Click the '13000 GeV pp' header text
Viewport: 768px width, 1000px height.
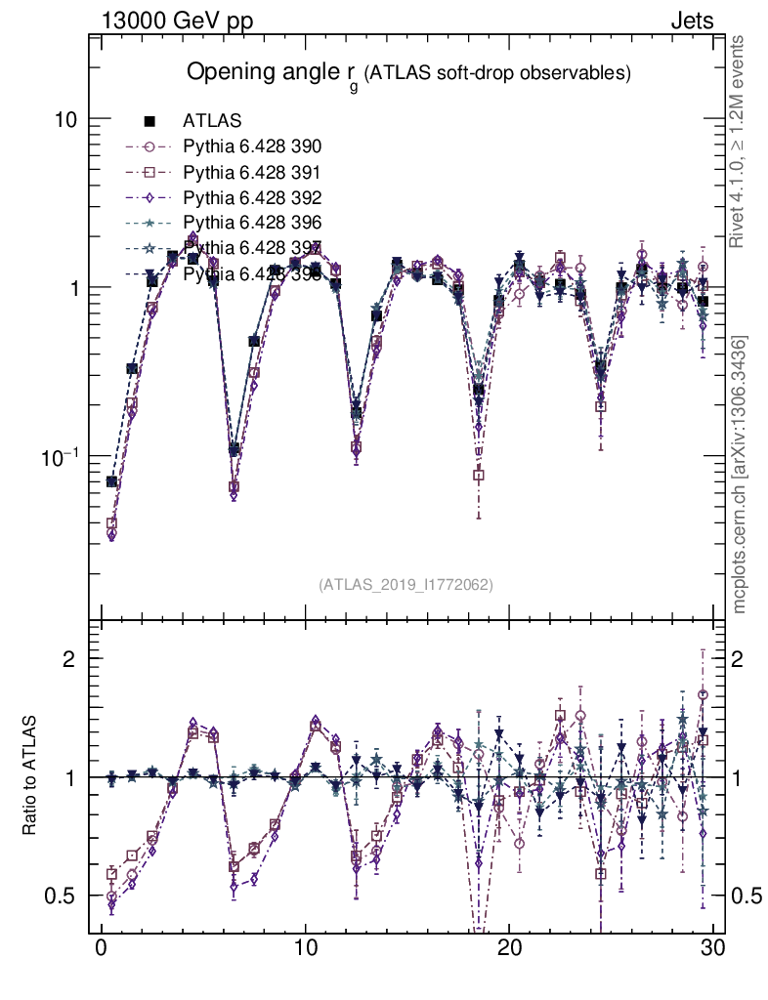(x=176, y=21)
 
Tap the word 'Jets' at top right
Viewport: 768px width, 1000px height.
(x=691, y=21)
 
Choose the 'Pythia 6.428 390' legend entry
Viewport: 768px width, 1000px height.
(x=235, y=146)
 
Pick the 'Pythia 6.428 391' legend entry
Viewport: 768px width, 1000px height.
(x=235, y=172)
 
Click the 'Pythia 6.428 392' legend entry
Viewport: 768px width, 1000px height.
(x=235, y=197)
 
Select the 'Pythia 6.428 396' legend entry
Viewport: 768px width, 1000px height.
(x=235, y=223)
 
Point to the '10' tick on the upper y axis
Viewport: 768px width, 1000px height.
(x=67, y=119)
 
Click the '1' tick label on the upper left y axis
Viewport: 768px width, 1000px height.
(x=74, y=288)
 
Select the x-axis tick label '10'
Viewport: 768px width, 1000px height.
(x=305, y=949)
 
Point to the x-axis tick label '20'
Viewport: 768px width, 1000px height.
(x=509, y=949)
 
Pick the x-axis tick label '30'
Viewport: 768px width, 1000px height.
(x=712, y=949)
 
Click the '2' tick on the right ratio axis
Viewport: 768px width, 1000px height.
(x=741, y=658)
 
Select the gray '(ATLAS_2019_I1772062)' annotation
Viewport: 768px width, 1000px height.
(x=405, y=584)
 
